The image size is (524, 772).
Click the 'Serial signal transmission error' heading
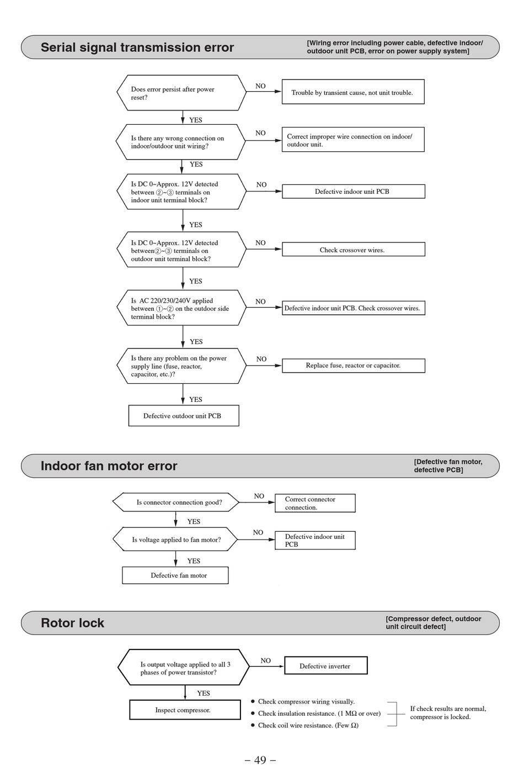(x=137, y=47)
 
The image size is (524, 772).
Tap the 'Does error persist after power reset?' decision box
(x=181, y=93)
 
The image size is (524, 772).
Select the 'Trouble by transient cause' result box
(x=353, y=92)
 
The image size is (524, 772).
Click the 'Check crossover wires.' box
(x=353, y=249)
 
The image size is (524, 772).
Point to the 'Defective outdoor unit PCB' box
(x=184, y=416)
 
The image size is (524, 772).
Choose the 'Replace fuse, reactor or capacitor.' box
(x=353, y=366)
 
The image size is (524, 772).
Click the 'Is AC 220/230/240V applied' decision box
(x=181, y=308)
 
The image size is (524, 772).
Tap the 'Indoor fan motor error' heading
(x=109, y=466)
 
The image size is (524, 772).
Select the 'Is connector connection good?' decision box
(x=175, y=502)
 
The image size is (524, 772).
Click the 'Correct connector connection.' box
(x=315, y=503)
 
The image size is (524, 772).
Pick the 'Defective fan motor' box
(x=175, y=575)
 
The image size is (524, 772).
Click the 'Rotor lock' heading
(x=72, y=623)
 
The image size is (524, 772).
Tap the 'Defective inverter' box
(x=325, y=665)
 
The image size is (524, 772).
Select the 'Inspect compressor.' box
(x=185, y=710)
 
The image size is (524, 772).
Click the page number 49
(x=260, y=760)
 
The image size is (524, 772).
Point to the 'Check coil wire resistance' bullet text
(x=308, y=725)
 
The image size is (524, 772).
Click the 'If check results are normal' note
(x=448, y=713)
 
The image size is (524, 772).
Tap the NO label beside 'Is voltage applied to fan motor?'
(x=258, y=532)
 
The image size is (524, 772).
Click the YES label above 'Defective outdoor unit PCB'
(x=196, y=399)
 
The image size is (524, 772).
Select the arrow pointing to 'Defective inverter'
(x=266, y=666)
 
